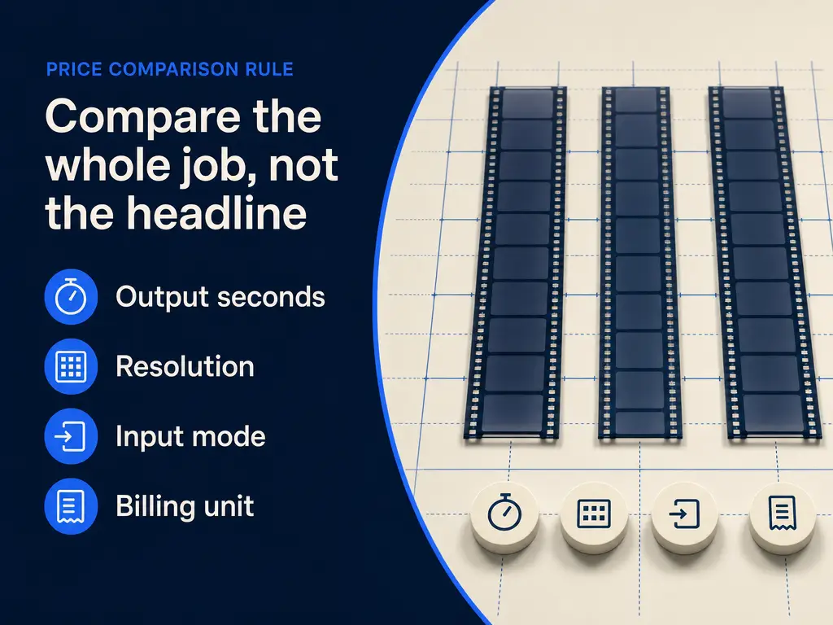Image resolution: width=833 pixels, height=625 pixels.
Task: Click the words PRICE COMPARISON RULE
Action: click(169, 70)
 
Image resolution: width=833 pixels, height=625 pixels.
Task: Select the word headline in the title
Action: click(216, 213)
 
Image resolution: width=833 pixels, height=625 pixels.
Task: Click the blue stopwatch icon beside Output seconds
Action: click(72, 296)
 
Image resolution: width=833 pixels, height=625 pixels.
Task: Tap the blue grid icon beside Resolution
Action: click(72, 366)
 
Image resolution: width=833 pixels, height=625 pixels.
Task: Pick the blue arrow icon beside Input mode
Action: click(72, 436)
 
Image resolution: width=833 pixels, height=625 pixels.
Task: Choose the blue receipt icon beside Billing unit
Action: click(72, 506)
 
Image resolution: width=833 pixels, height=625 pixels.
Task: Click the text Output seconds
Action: click(220, 296)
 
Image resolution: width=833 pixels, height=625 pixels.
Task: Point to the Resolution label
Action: click(185, 366)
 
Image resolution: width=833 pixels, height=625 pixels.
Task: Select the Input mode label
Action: click(190, 436)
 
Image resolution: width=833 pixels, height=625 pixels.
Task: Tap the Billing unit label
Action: click(185, 506)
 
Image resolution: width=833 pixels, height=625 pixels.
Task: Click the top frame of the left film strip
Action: click(528, 103)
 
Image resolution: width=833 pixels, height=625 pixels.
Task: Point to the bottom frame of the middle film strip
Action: click(640, 423)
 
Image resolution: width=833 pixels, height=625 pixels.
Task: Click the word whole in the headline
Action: click(108, 164)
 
